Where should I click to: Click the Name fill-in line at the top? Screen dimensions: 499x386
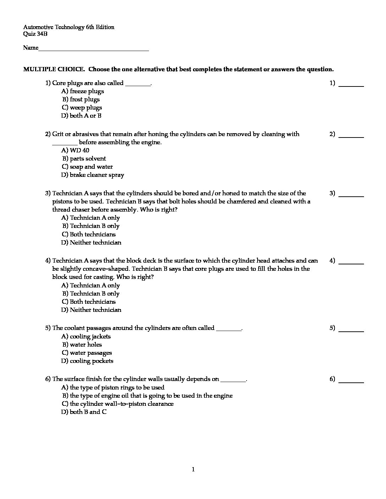[x=94, y=50]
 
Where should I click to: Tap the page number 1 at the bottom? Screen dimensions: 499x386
[x=193, y=470]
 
